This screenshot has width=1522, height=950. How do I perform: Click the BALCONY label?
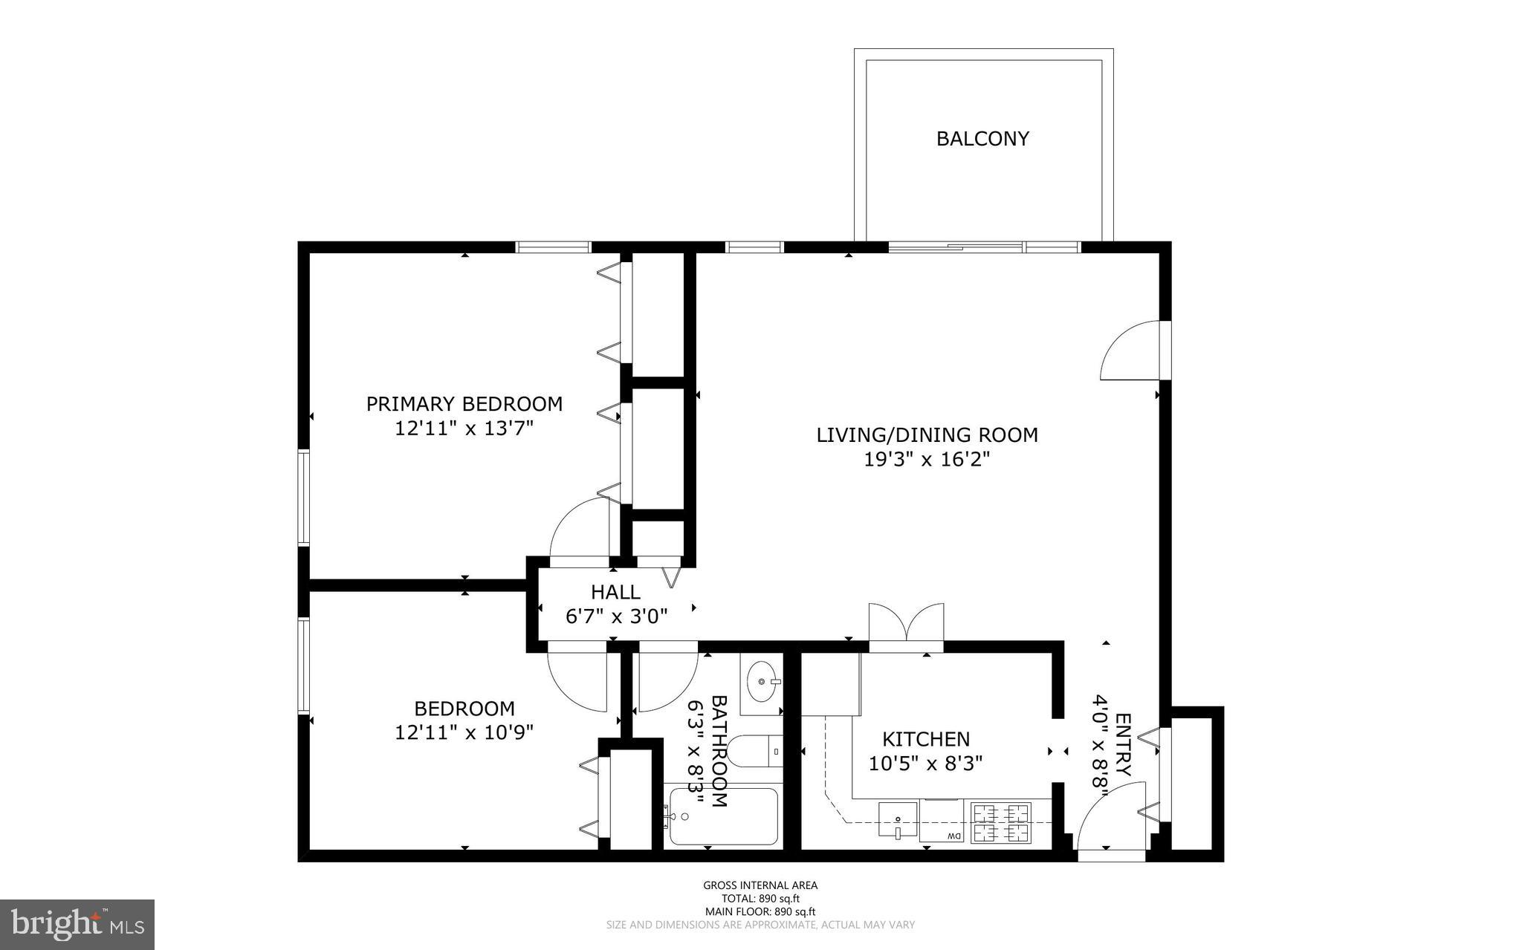coord(982,139)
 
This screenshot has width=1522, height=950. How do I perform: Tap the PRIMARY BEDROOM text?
coord(464,404)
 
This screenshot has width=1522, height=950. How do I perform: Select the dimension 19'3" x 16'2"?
coord(927,460)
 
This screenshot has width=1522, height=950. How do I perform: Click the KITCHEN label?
coord(925,739)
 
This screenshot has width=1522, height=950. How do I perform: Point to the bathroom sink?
coord(762,681)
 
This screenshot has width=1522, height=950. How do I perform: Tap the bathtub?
coord(723,816)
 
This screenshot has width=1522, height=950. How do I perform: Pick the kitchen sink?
coord(898,820)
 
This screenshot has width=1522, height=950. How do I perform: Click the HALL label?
coord(615,592)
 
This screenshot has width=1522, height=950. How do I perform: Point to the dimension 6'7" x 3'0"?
coord(616,616)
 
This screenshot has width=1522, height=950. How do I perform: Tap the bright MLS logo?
coord(77,923)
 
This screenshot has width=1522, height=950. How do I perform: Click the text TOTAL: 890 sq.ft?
coord(760,898)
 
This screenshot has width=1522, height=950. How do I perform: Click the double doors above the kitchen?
coord(906,624)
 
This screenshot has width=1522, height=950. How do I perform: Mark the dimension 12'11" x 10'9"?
coord(464,733)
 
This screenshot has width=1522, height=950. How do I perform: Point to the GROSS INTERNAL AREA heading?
coord(760,885)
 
